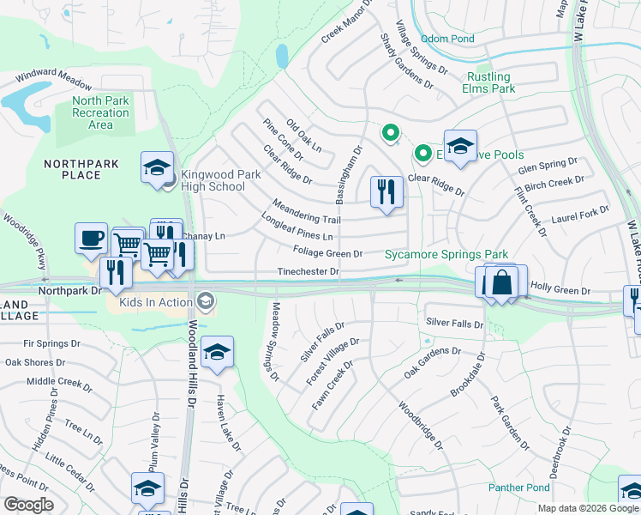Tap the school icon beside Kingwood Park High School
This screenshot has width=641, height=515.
tap(158, 167)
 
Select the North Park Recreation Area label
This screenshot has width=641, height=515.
tap(100, 112)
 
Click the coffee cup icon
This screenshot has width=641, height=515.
tap(91, 239)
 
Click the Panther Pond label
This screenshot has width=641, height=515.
tap(519, 488)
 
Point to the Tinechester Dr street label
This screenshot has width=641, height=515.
tap(309, 272)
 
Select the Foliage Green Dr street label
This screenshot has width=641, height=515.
tap(327, 254)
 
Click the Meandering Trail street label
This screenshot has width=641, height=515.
tap(306, 213)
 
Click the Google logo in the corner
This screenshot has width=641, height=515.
tap(28, 505)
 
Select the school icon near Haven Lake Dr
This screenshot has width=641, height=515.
tap(218, 353)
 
